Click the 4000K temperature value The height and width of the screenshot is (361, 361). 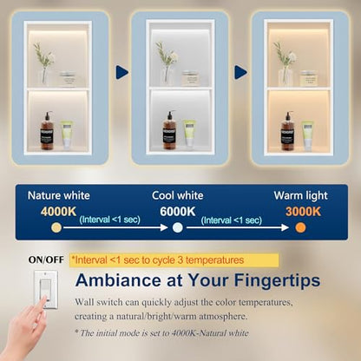(x=58, y=212)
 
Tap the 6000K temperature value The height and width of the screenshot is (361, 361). (x=178, y=212)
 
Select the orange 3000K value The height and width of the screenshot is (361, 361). (x=303, y=212)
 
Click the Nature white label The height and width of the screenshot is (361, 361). (x=59, y=195)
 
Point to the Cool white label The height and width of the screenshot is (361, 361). (x=178, y=195)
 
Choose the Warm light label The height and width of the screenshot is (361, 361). (x=301, y=196)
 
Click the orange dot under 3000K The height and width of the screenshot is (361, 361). (x=300, y=227)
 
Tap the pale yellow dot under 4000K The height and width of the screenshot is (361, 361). (x=56, y=227)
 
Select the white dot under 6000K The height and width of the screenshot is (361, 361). (x=178, y=227)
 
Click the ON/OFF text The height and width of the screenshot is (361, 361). (x=46, y=259)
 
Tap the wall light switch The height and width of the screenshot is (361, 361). (x=46, y=289)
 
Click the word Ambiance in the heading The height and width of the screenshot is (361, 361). (x=119, y=280)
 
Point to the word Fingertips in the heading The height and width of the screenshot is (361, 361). (x=277, y=281)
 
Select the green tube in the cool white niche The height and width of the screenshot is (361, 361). (x=189, y=134)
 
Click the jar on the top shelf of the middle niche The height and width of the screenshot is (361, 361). (x=189, y=78)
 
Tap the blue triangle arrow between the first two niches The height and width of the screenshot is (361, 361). (x=121, y=72)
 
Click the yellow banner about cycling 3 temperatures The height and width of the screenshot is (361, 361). (x=174, y=260)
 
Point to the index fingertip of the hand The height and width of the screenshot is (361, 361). (x=43, y=299)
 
